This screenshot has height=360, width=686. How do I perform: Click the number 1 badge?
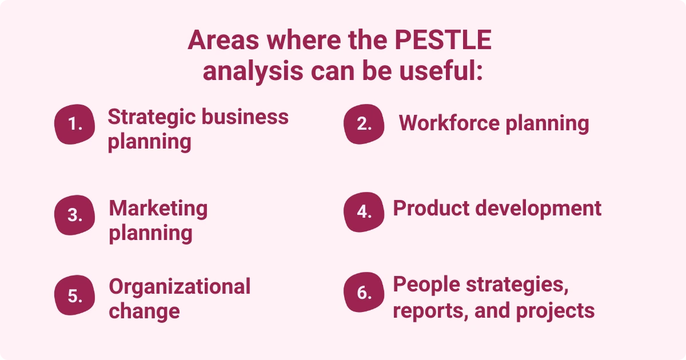75,124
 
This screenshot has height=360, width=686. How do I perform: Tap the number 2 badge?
364,124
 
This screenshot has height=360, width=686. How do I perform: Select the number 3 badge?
75,215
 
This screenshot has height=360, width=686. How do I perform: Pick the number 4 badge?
364,211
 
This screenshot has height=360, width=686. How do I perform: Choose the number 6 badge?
364,293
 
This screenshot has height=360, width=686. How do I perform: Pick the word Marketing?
158,208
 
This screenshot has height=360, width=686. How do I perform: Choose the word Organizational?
180,286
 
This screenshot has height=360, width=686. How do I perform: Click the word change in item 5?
144,311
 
